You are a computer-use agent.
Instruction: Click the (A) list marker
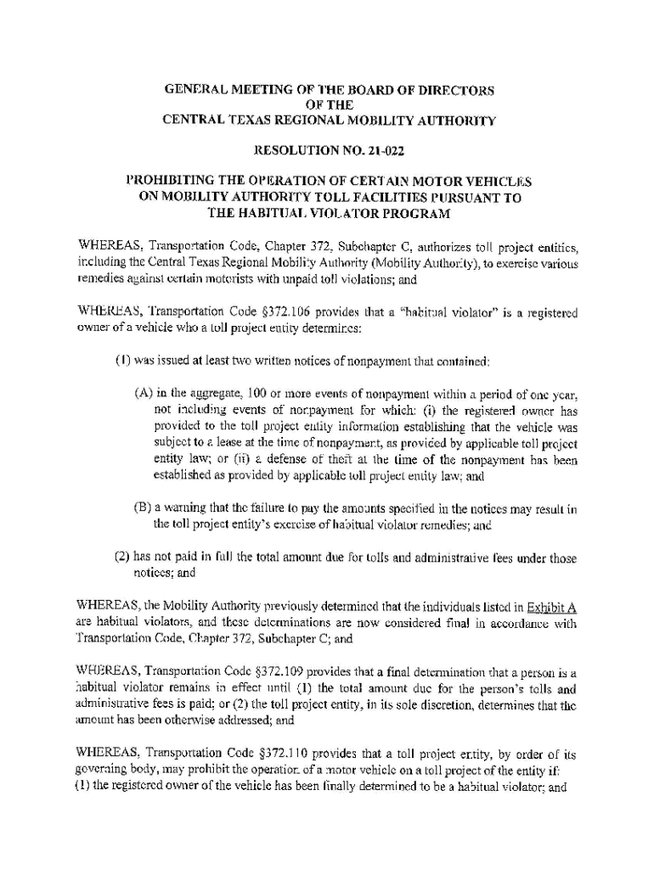point(143,394)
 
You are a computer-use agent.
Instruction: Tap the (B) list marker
point(143,508)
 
